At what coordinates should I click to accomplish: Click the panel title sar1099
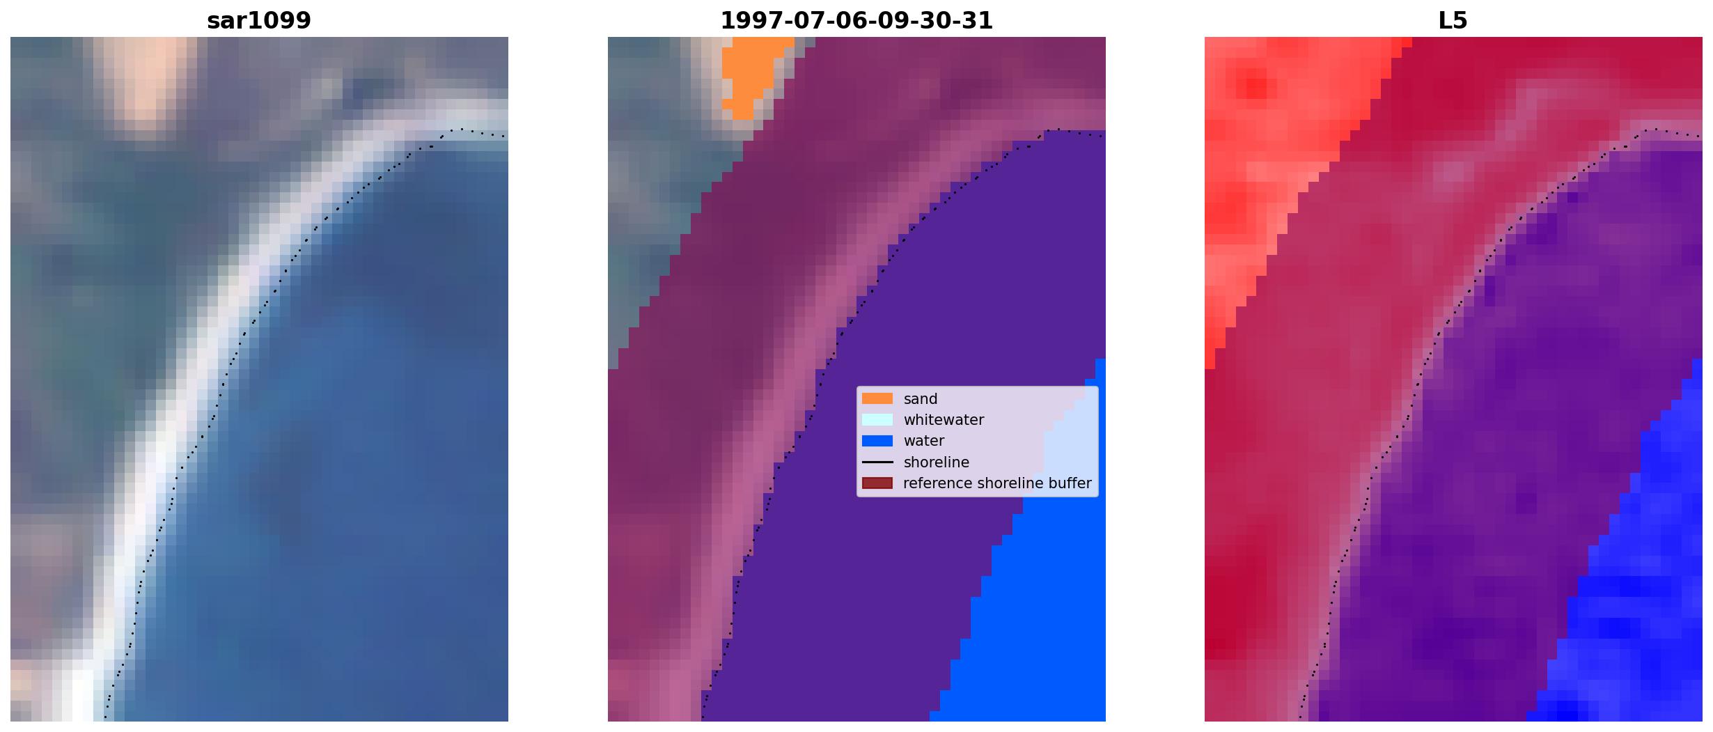[259, 21]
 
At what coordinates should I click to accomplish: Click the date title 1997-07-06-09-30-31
[856, 21]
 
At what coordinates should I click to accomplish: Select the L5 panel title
[1453, 21]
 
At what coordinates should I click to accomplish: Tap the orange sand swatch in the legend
[877, 398]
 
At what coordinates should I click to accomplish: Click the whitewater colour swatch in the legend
[877, 419]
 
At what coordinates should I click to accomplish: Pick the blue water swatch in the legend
[877, 440]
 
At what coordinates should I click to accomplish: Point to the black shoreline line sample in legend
[877, 462]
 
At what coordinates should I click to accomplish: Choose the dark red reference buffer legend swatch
[877, 483]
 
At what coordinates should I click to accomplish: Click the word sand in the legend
[921, 399]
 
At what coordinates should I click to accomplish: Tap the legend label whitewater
[944, 420]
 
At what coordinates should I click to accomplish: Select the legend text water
[924, 441]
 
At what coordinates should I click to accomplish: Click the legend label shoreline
[937, 462]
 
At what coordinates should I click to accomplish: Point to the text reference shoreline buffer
[997, 483]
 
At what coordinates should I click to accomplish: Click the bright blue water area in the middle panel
[1031, 613]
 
